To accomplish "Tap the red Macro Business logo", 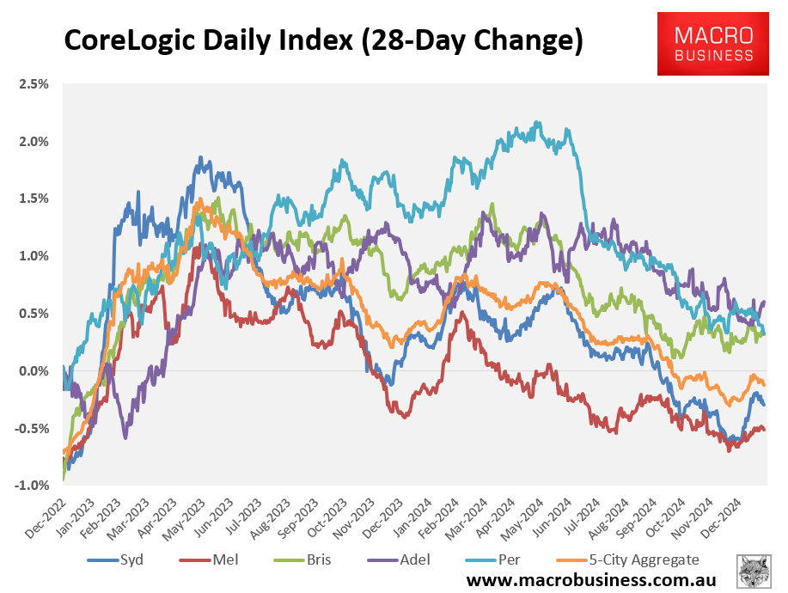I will coord(712,44).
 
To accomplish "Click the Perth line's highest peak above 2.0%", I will coord(538,122).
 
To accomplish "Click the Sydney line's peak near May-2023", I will coord(200,158).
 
